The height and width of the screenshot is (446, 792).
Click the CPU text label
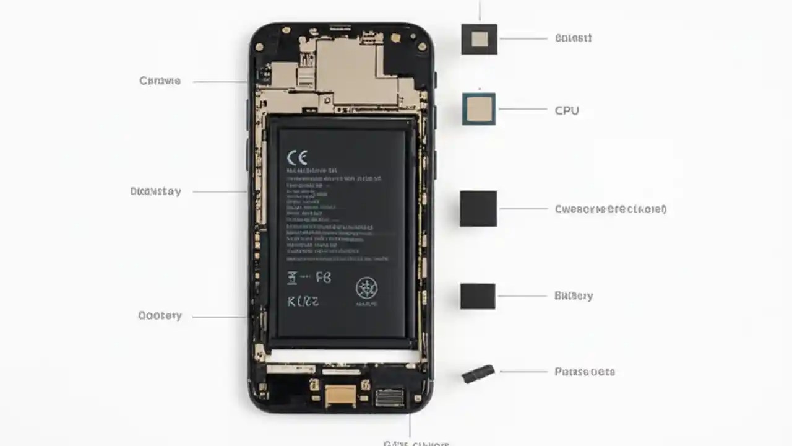click(567, 111)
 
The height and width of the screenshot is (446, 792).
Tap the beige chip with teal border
click(479, 109)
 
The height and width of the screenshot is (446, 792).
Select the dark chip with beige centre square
click(479, 39)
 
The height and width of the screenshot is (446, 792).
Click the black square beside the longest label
click(478, 209)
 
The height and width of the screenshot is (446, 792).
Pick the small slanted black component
click(479, 374)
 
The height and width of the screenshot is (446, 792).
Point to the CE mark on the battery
click(297, 157)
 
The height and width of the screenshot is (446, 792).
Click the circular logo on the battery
click(366, 288)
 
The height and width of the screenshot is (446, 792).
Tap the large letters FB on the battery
click(323, 278)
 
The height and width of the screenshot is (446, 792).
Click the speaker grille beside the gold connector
click(389, 397)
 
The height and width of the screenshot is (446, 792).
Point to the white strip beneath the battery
click(342, 356)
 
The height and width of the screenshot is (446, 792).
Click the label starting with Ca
click(160, 81)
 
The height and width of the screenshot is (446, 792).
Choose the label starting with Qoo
click(160, 316)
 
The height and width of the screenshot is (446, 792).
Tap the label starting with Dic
click(156, 191)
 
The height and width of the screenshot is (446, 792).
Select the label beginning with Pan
click(585, 372)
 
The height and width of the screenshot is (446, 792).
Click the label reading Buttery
click(574, 296)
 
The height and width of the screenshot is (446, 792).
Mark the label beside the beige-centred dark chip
click(573, 38)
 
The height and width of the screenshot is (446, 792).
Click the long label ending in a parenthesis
click(611, 209)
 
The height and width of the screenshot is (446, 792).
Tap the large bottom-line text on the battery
click(303, 302)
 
